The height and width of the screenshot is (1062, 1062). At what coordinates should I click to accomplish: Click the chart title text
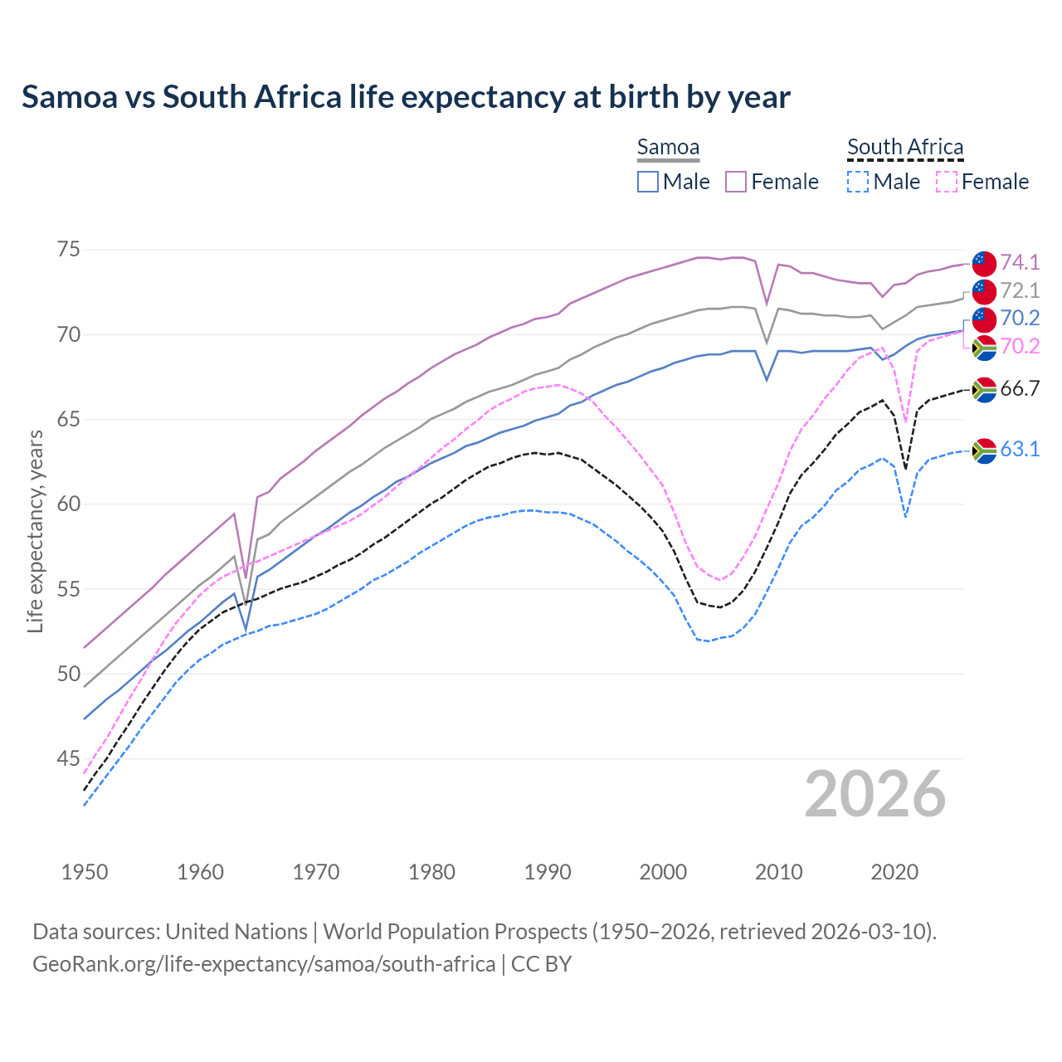406,97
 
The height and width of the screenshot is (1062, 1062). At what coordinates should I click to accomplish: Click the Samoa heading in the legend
668,148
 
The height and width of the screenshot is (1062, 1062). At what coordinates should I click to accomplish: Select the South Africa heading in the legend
905,148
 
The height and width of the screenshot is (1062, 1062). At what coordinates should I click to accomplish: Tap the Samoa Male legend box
648,182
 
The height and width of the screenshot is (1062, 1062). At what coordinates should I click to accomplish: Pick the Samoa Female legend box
736,182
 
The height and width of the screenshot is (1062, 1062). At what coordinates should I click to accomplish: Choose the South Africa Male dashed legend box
858,182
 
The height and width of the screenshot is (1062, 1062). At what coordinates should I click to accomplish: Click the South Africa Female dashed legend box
946,182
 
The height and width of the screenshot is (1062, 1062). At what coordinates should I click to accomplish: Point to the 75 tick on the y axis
69,250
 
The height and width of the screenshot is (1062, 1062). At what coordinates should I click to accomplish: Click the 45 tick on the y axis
69,758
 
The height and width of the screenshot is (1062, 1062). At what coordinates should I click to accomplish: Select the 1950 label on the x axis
85,872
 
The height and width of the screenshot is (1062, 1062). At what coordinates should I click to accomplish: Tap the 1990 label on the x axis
548,872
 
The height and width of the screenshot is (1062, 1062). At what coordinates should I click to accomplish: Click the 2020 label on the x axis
894,872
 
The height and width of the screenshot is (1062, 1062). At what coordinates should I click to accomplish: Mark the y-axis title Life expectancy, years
35,531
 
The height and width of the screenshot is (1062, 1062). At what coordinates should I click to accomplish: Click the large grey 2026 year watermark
874,794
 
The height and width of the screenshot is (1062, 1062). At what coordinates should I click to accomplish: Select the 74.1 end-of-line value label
1020,263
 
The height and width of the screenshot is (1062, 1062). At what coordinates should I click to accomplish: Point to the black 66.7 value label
1020,389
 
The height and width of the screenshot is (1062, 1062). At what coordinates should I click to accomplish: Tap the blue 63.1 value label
1020,450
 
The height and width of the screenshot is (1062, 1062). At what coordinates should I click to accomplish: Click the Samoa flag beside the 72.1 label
984,291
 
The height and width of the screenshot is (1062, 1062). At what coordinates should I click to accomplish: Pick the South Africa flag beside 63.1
984,451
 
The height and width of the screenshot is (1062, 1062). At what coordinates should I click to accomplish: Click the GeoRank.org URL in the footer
264,964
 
